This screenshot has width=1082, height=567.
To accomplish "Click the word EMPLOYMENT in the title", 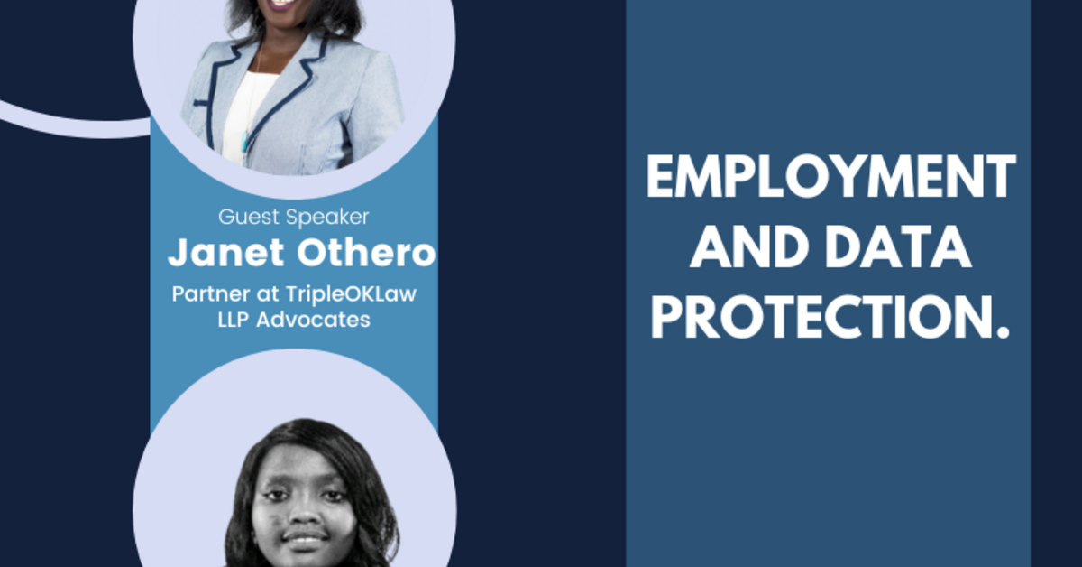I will tap(830, 178).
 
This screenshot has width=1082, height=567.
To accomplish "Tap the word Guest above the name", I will tap(244, 218).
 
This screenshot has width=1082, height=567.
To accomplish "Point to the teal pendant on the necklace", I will tap(244, 141).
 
